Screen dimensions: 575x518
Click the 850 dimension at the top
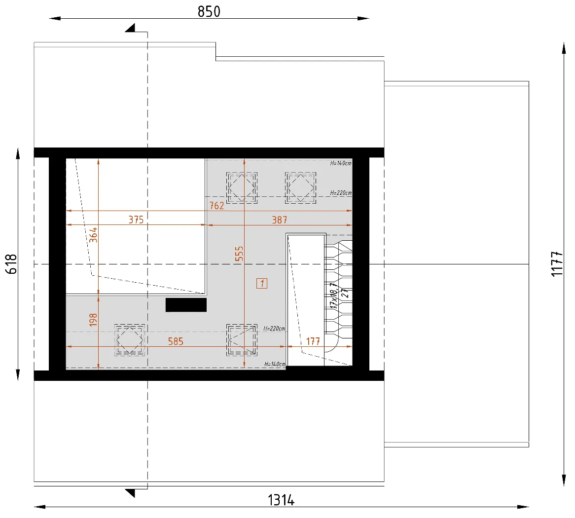(209, 11)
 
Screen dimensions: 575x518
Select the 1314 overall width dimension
(281, 500)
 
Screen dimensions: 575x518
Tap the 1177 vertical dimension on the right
(557, 264)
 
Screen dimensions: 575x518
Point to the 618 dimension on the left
(11, 264)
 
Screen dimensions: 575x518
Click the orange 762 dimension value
(216, 205)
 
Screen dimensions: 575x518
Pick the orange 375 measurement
(136, 220)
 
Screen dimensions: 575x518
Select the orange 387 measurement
(280, 220)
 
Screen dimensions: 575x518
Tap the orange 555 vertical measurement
(239, 254)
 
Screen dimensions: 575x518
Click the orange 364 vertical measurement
(94, 235)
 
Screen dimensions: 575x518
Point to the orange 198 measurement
(94, 320)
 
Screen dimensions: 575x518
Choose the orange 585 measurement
(176, 341)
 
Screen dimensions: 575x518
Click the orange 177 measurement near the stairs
(313, 341)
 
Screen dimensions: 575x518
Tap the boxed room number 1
(262, 283)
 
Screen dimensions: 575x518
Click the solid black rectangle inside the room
(186, 305)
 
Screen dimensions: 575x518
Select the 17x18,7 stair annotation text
(333, 296)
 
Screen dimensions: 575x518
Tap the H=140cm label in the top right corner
(341, 163)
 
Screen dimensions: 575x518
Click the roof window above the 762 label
(242, 188)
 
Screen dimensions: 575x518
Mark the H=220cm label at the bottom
(274, 329)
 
